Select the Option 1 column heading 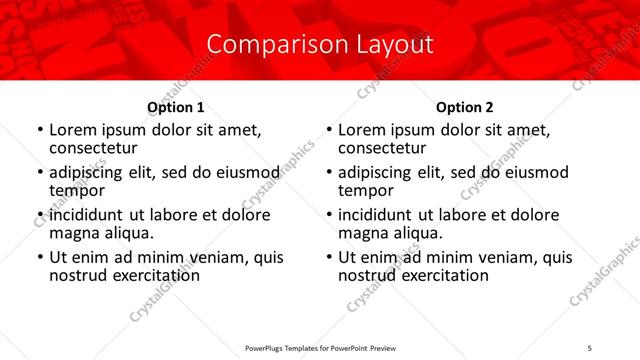176,107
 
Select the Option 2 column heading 464,107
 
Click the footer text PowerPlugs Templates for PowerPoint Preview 320,348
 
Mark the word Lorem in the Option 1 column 72,130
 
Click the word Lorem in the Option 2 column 361,130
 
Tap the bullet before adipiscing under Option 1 39,173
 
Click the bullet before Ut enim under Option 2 328,257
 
